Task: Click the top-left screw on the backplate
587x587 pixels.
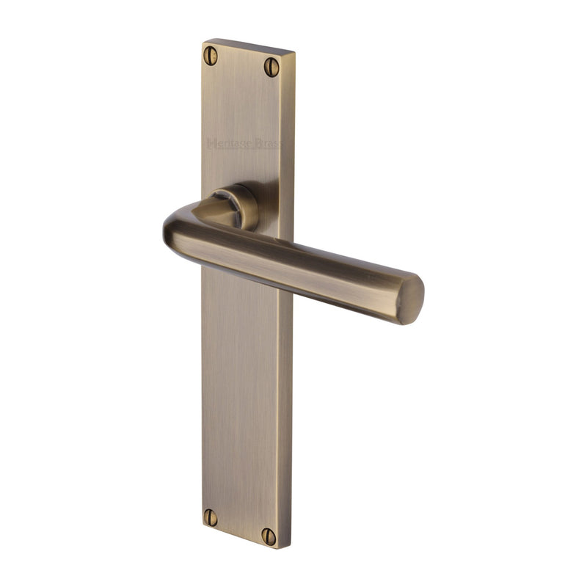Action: pos(211,55)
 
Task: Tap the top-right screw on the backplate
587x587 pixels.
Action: pos(271,68)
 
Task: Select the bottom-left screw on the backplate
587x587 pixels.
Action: pos(211,517)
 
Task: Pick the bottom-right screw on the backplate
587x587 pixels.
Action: pos(269,536)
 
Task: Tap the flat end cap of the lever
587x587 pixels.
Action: pos(413,299)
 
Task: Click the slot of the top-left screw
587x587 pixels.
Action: pos(211,55)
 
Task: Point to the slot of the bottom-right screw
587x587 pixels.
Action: pos(269,536)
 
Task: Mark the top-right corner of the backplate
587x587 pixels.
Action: pos(294,53)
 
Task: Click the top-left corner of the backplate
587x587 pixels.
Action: pos(203,41)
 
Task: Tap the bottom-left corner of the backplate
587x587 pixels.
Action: pos(202,527)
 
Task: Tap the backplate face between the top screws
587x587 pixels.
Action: pos(241,62)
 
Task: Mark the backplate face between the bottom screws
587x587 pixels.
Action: pos(239,526)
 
